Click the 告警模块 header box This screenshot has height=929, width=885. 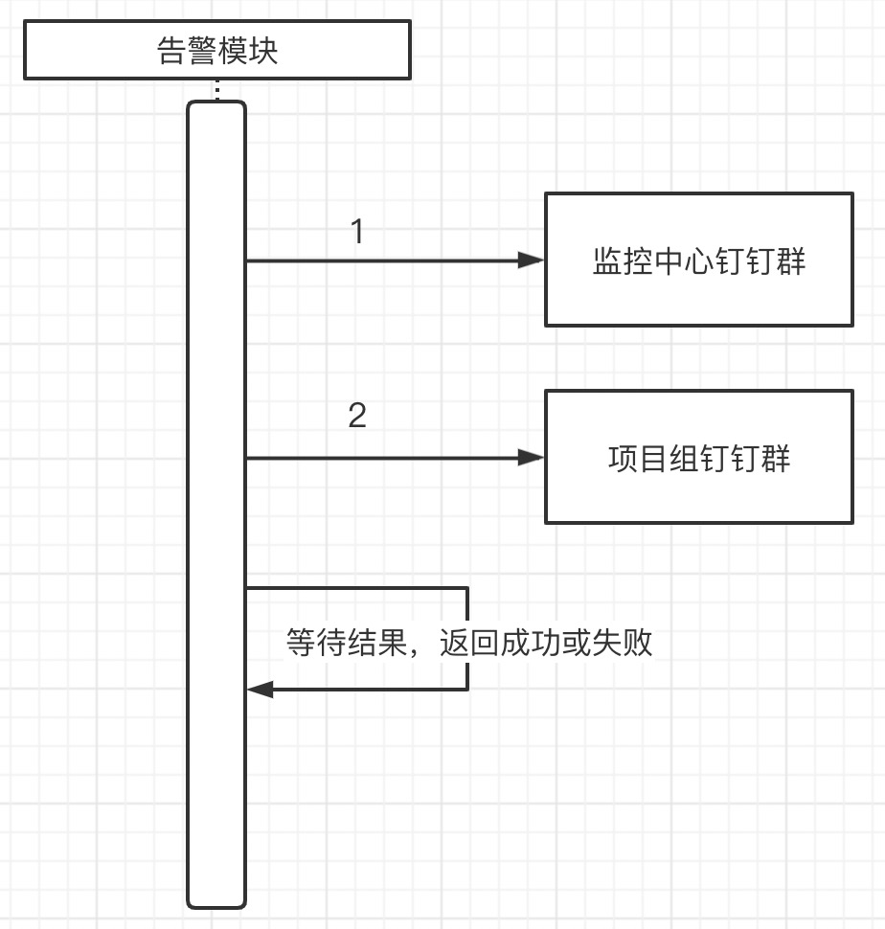pyautogui.click(x=217, y=50)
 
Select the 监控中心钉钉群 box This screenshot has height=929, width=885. pyautogui.click(x=698, y=260)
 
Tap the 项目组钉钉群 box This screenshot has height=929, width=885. pyautogui.click(x=698, y=457)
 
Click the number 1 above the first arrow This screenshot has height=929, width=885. pyautogui.click(x=357, y=232)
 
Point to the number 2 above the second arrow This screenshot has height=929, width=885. pyautogui.click(x=357, y=416)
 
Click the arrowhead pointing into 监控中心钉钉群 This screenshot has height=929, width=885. pyautogui.click(x=531, y=260)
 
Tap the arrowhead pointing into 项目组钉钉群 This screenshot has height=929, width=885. pyautogui.click(x=531, y=458)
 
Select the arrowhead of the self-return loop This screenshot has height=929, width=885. pyautogui.click(x=261, y=689)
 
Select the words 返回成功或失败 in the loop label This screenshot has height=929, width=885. pyautogui.click(x=546, y=642)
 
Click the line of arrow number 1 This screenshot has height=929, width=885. pyautogui.click(x=383, y=260)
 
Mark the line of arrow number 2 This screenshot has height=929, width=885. pyautogui.click(x=383, y=458)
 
